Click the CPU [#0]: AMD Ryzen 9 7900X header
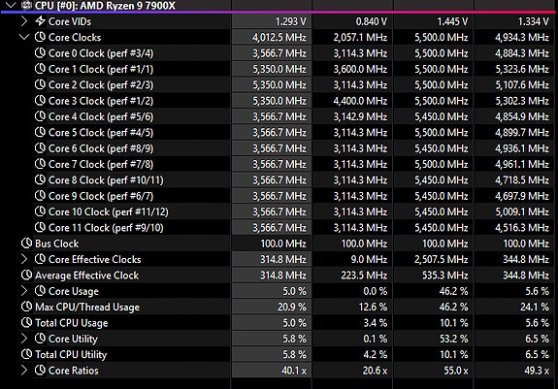[105, 5]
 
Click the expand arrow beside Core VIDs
[24, 21]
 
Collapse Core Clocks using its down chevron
[24, 37]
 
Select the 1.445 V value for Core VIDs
[452, 21]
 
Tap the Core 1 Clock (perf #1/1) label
[101, 69]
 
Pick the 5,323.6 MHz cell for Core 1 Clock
[522, 69]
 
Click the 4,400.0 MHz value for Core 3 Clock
[360, 101]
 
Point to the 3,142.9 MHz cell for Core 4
[360, 116]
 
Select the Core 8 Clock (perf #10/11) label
[106, 179]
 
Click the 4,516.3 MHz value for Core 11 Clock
[522, 228]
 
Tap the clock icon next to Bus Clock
[27, 243]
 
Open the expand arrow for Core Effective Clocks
[24, 259]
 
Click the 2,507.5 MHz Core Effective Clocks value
[441, 260]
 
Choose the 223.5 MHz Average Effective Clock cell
[364, 276]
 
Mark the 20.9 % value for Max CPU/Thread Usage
[292, 307]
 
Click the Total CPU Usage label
[71, 323]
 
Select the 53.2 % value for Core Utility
[453, 339]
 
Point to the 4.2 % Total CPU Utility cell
[376, 354]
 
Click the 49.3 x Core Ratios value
[537, 371]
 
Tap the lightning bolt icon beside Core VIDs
[40, 21]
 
